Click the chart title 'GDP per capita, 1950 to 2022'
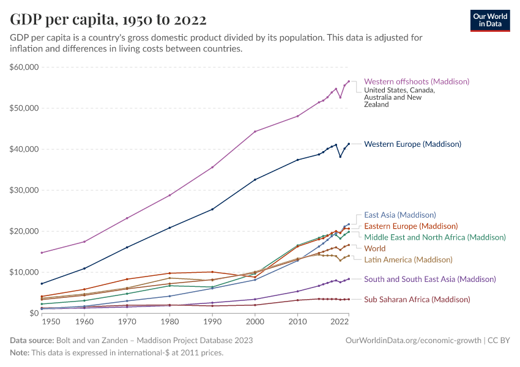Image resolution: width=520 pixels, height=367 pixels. pyautogui.click(x=108, y=19)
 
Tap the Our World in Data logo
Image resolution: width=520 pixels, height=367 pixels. pyautogui.click(x=489, y=20)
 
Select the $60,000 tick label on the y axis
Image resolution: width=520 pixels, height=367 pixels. pyautogui.click(x=24, y=67)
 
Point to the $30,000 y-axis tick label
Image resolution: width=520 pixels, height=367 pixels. pyautogui.click(x=24, y=190)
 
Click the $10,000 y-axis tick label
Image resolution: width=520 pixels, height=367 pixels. pyautogui.click(x=24, y=272)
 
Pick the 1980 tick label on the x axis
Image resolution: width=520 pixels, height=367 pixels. pyautogui.click(x=169, y=322)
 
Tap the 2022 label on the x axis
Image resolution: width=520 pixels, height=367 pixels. pyautogui.click(x=340, y=322)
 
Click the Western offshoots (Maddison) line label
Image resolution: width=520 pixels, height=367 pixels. pyautogui.click(x=417, y=81)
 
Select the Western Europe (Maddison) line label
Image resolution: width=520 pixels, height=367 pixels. pyautogui.click(x=412, y=144)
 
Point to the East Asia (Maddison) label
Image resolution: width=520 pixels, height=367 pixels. pyautogui.click(x=399, y=215)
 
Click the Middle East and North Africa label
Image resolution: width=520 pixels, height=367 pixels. pyautogui.click(x=435, y=237)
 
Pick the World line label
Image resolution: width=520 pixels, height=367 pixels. pyautogui.click(x=374, y=248)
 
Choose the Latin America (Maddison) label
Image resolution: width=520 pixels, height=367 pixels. pyautogui.click(x=408, y=259)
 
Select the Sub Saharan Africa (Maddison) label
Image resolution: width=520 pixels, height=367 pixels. pyautogui.click(x=417, y=299)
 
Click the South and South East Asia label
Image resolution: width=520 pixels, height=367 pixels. pyautogui.click(x=429, y=279)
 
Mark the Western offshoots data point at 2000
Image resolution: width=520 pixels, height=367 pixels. pyautogui.click(x=255, y=132)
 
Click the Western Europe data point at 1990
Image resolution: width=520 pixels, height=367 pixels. pyautogui.click(x=212, y=209)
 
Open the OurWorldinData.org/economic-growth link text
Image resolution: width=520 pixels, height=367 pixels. pyautogui.click(x=414, y=340)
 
